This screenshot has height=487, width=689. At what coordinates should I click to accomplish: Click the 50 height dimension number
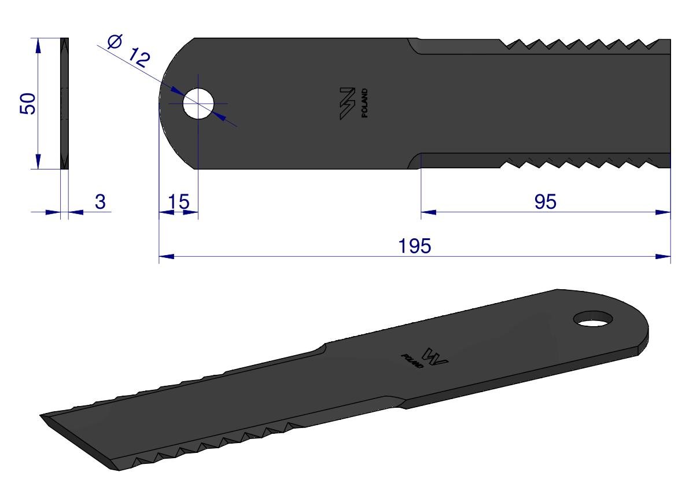[x=28, y=104]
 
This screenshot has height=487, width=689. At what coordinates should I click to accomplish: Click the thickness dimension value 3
[x=100, y=201]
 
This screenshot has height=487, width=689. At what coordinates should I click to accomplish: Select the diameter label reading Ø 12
[x=129, y=51]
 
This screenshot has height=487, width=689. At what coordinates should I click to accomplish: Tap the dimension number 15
[x=178, y=201]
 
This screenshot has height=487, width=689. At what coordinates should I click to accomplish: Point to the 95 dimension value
[x=546, y=201]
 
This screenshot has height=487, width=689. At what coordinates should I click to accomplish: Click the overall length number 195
[x=414, y=246]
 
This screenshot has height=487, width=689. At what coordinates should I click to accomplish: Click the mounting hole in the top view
[x=198, y=104]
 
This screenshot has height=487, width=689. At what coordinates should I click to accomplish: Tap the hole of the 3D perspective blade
[x=594, y=319]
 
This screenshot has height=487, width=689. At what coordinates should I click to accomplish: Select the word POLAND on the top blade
[x=364, y=103]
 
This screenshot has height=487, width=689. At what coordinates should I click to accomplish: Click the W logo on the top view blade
[x=347, y=103]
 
